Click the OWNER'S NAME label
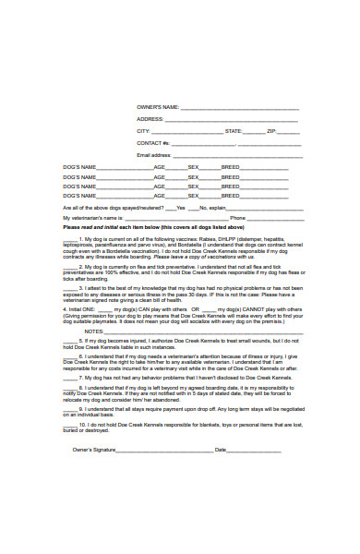pos(157,107)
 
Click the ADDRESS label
pos(150,119)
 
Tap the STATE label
pos(234,131)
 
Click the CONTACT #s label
pos(153,143)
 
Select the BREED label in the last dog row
pos(230,195)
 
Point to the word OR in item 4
pos(196,308)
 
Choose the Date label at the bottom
pos(220,450)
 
